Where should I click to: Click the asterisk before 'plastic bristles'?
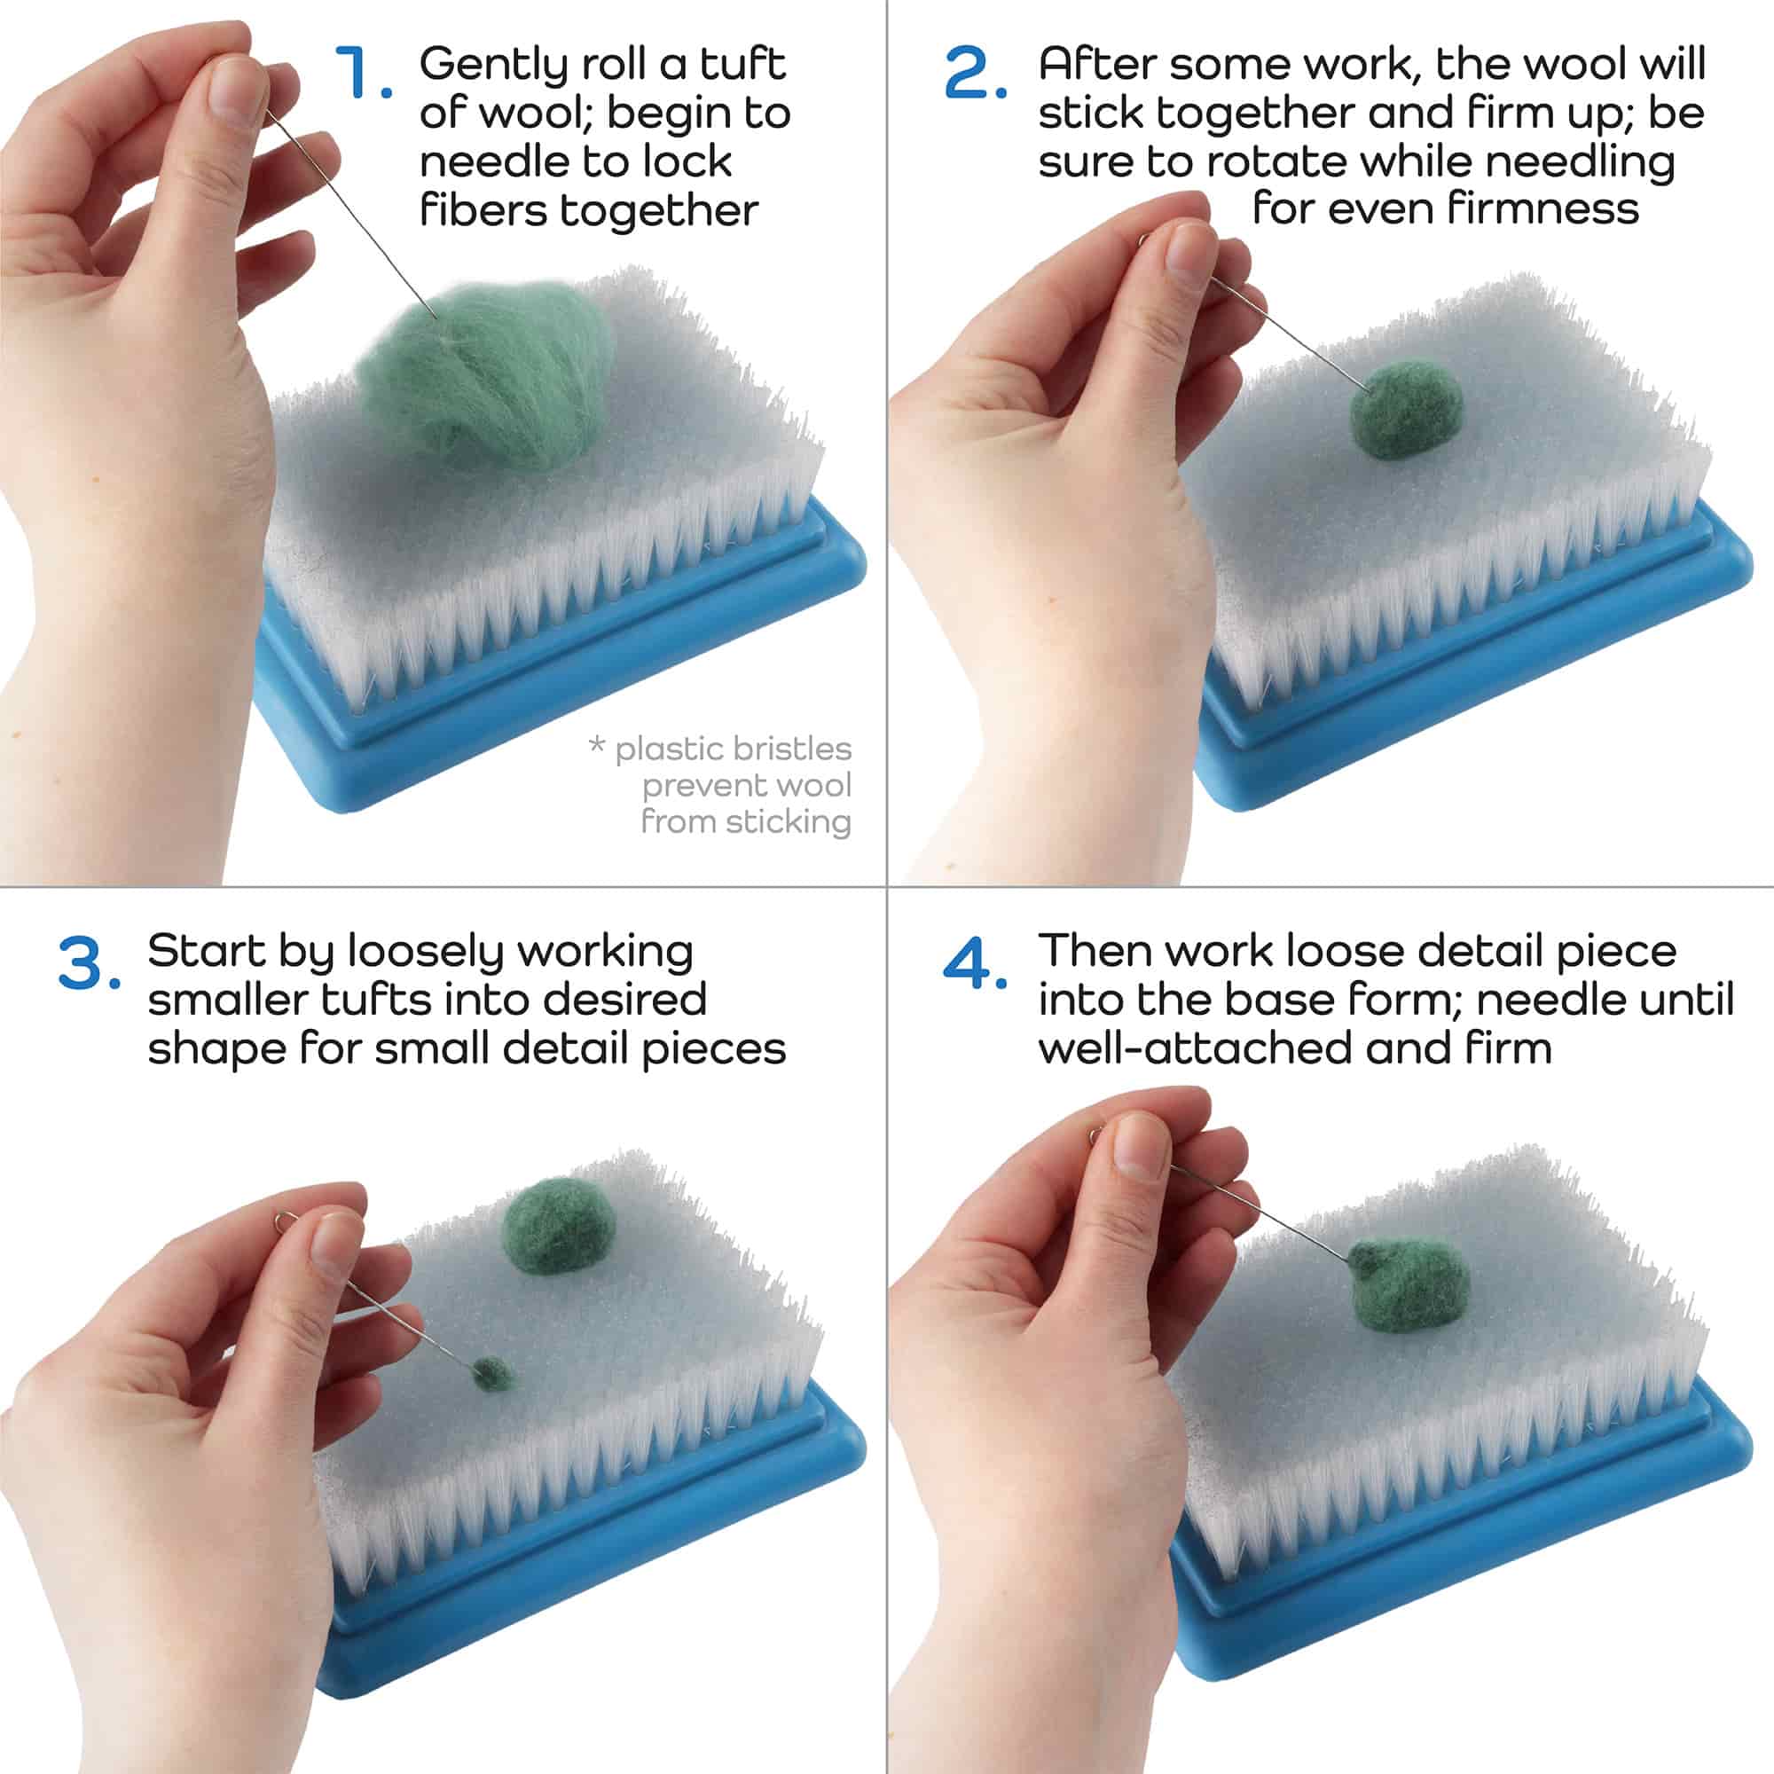coord(597,745)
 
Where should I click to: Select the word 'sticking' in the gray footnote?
coord(789,822)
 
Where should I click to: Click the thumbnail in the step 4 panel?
coord(1142,1148)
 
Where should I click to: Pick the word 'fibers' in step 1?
coord(484,210)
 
